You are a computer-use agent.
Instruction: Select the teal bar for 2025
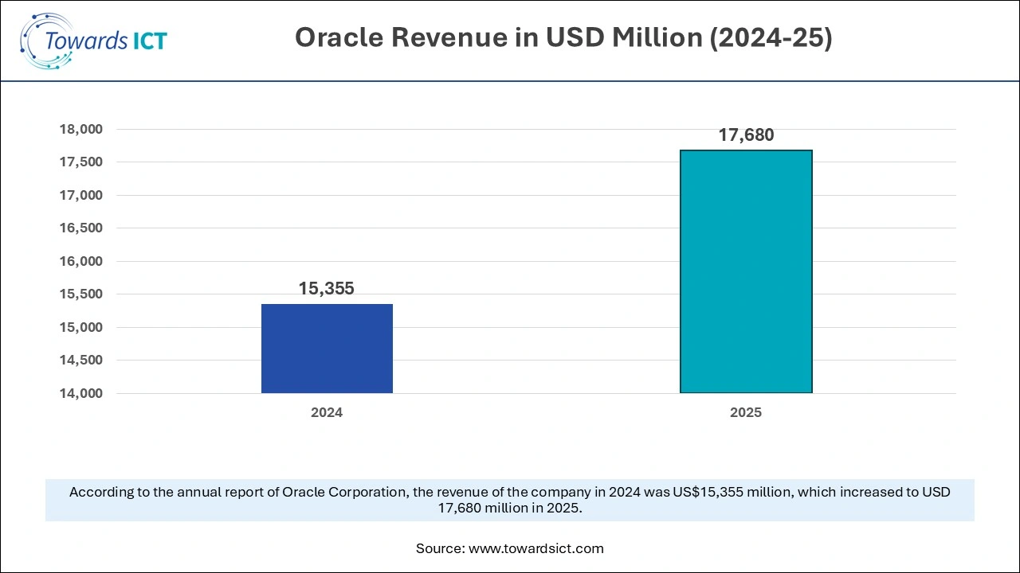(746, 271)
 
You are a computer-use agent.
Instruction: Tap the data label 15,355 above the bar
(327, 289)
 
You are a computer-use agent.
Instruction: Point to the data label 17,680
(746, 135)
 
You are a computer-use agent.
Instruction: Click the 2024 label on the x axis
(327, 413)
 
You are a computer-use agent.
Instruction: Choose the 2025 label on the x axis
(746, 413)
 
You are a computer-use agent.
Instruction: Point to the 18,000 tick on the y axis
(81, 129)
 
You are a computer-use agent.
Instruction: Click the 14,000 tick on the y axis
(81, 393)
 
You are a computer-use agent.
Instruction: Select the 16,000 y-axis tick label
(81, 261)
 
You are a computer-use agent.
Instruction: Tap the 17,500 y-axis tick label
(81, 162)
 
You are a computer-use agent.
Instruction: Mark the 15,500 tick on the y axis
(81, 294)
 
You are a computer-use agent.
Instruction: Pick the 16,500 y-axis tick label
(81, 228)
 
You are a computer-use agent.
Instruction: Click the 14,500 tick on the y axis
(81, 361)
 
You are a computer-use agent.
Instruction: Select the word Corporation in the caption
(368, 492)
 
